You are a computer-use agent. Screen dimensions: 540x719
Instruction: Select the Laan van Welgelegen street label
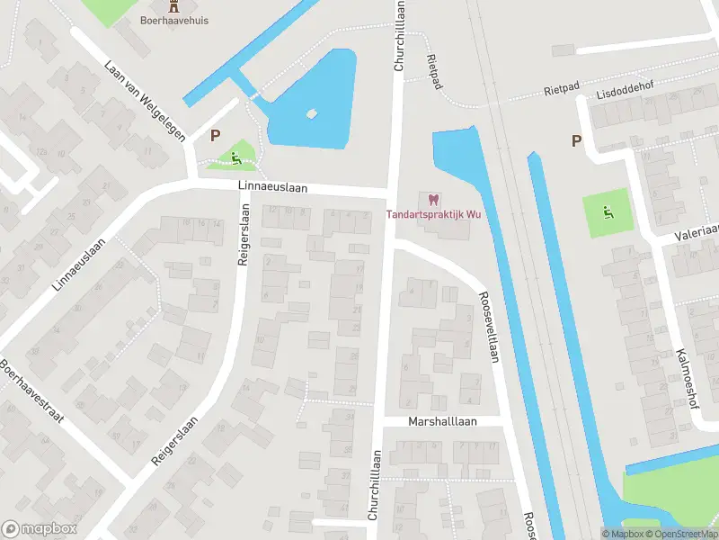[145, 101]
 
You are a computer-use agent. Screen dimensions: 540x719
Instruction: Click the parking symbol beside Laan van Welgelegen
[215, 136]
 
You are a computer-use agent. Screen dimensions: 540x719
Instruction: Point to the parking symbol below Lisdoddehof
[576, 140]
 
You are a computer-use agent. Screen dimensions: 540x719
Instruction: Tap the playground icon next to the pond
[236, 159]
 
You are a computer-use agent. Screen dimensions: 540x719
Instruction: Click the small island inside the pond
[312, 114]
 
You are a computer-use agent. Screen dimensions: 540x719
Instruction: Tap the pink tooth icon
[432, 199]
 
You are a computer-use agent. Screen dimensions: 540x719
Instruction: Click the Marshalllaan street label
[442, 420]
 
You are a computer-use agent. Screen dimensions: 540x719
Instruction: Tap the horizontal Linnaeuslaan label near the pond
[273, 187]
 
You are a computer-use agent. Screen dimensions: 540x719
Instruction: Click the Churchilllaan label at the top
[399, 36]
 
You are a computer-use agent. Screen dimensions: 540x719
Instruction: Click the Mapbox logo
[39, 528]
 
